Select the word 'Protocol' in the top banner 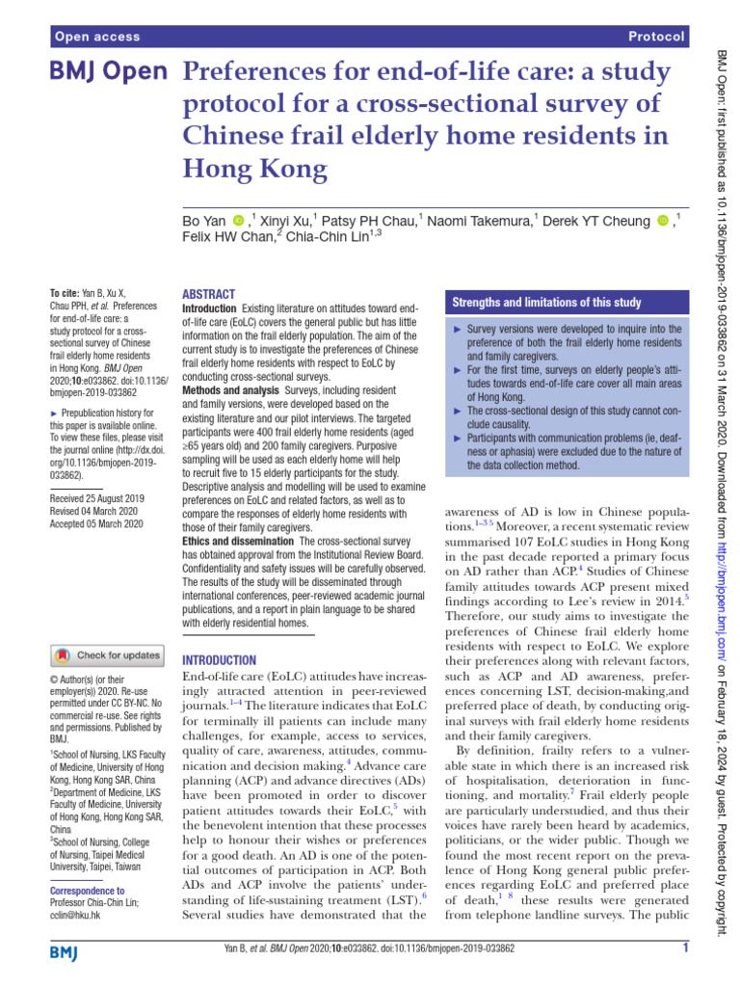tap(656, 37)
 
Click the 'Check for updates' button tap(107, 655)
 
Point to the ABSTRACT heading tap(208, 294)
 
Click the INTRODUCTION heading tap(219, 660)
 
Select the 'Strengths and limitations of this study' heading tap(546, 303)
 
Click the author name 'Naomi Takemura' tap(479, 221)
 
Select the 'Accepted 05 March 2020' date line tap(95, 523)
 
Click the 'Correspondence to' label tap(86, 891)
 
